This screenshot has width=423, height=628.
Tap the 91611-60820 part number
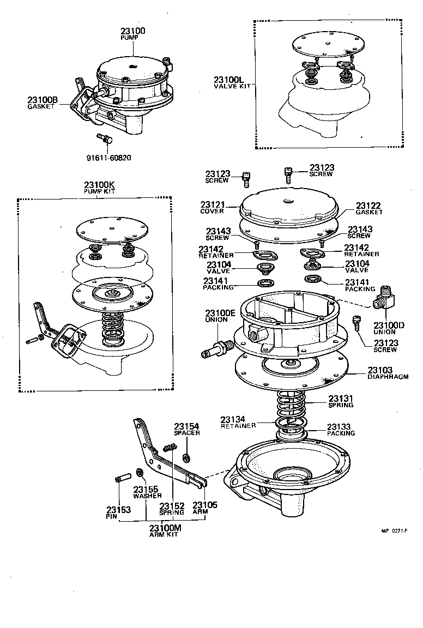[108, 158]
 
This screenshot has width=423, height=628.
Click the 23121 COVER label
[212, 207]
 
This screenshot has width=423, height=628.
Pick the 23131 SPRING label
[341, 402]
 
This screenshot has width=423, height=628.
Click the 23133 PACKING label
[341, 430]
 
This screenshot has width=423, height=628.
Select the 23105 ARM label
[205, 508]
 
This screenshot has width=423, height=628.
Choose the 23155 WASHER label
[146, 492]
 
